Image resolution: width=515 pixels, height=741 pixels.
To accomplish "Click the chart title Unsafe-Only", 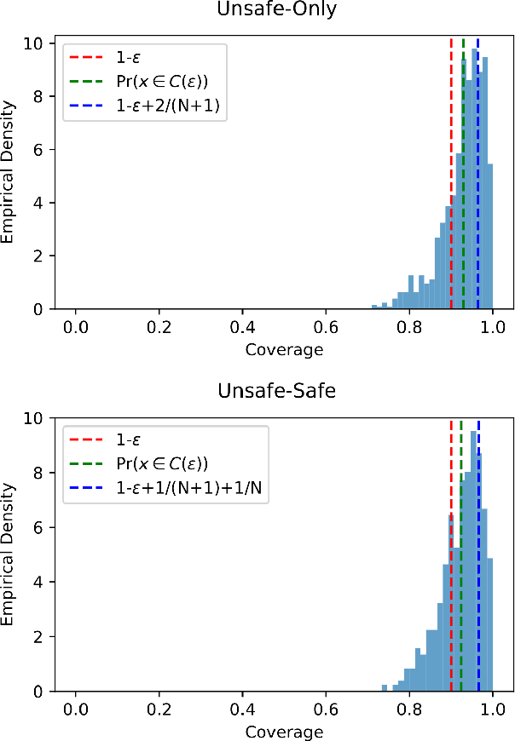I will point(284,11).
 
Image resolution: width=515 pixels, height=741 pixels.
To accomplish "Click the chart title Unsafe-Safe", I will point(284,394).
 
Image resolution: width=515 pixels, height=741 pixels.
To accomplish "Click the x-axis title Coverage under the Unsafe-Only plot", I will point(284,349).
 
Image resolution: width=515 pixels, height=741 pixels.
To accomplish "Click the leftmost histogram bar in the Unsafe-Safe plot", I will point(385,688).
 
